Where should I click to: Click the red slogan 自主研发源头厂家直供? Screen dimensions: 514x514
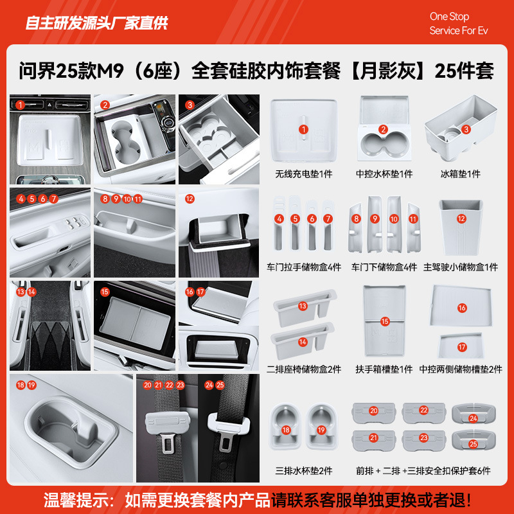[x=96, y=24]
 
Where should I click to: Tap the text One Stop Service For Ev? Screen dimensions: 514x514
[x=459, y=24]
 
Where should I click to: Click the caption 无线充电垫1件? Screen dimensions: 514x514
[x=303, y=174]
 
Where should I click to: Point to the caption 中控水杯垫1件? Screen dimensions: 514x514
[x=384, y=174]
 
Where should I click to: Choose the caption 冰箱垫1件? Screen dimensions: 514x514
[x=461, y=174]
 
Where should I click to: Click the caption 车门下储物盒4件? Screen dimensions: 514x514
[x=384, y=267]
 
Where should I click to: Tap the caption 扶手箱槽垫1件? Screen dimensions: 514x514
[x=384, y=369]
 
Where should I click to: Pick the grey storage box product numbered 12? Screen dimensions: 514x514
[x=461, y=225]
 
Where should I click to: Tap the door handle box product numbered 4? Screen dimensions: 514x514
[x=279, y=225]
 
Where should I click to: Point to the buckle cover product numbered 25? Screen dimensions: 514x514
[x=472, y=443]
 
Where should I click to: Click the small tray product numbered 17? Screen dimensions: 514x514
[x=461, y=346]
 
